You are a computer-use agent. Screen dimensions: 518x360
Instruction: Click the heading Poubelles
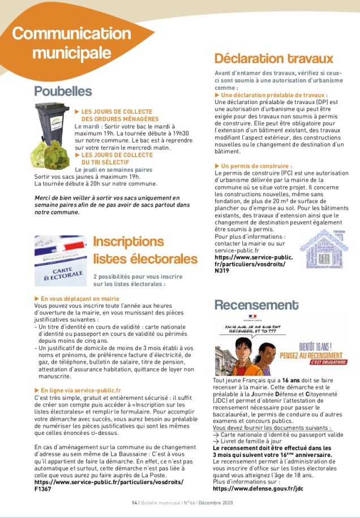pyautogui.click(x=63, y=91)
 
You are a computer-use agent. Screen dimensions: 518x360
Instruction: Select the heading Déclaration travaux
pyautogui.click(x=273, y=59)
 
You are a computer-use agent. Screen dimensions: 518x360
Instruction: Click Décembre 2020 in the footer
pyautogui.click(x=213, y=503)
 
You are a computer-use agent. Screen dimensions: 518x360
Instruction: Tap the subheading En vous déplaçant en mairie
pyautogui.click(x=80, y=297)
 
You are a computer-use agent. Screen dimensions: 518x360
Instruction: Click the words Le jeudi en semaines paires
pyautogui.click(x=113, y=170)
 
